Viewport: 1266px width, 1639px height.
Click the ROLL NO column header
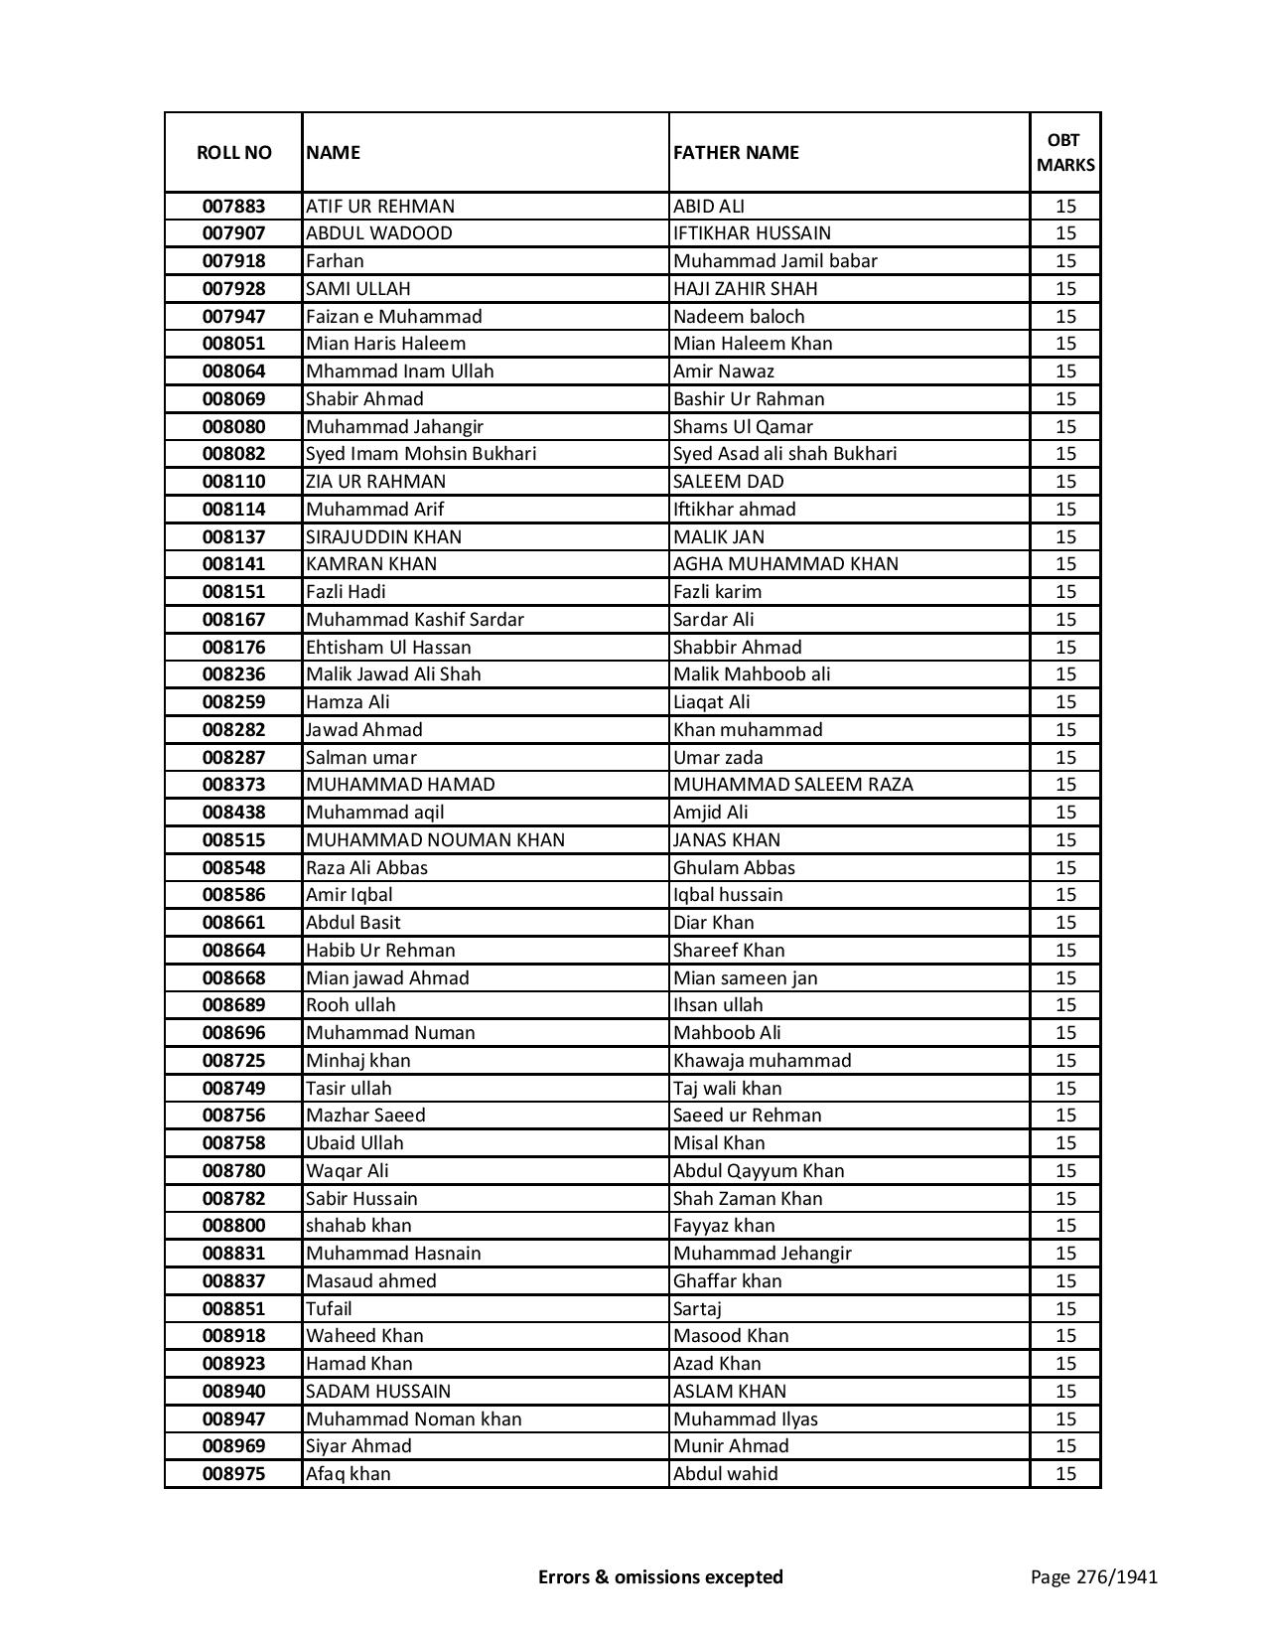point(233,152)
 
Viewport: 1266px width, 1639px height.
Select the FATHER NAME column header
point(736,152)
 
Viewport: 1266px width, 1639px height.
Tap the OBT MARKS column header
point(1065,152)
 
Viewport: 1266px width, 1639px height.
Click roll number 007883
point(233,207)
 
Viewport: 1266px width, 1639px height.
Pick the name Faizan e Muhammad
point(394,317)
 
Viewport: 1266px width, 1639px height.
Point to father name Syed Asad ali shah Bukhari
point(784,454)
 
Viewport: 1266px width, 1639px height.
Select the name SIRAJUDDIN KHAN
point(383,537)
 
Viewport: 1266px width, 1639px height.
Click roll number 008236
point(233,674)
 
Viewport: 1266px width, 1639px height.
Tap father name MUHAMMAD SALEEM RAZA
point(792,785)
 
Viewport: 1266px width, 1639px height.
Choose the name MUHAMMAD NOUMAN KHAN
point(435,840)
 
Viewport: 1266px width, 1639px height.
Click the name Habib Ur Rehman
point(380,951)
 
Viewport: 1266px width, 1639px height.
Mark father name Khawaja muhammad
point(762,1061)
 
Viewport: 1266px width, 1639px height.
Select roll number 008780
point(233,1171)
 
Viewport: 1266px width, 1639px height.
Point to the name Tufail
point(329,1309)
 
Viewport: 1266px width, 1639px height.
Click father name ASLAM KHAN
point(729,1392)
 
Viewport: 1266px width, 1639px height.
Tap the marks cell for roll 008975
point(1065,1474)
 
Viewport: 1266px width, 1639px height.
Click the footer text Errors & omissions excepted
point(660,1576)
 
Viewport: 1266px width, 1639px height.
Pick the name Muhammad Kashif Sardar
point(415,620)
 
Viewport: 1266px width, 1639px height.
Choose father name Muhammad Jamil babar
point(774,261)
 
